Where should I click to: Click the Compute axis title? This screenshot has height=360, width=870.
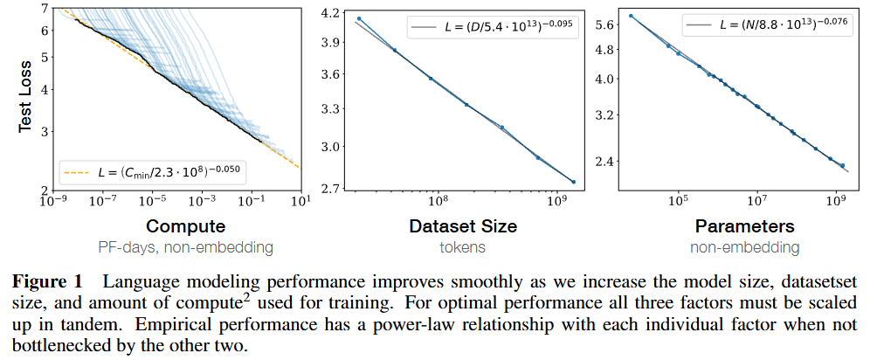tap(185, 226)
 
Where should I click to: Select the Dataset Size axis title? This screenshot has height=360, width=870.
tap(463, 226)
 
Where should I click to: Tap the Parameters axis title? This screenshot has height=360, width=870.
tap(743, 226)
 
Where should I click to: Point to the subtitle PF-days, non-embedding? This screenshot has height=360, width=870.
tap(185, 247)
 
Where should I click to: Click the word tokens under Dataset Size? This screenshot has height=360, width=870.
tap(463, 247)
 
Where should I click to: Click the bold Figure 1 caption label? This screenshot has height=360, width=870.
tap(48, 283)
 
